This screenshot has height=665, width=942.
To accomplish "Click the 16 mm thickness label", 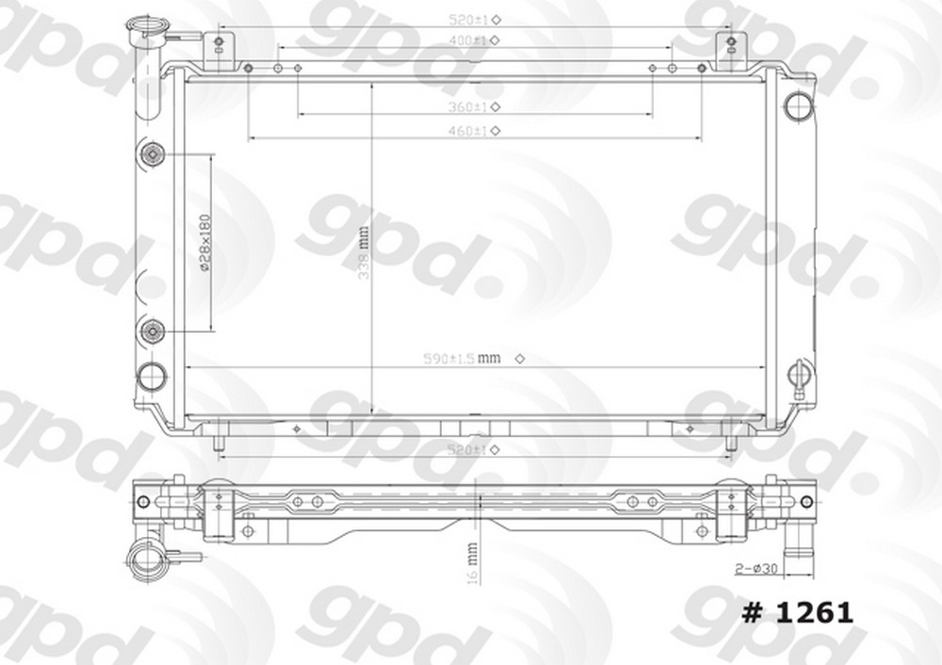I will coord(472,563).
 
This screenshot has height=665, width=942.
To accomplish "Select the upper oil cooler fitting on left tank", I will coord(152,154).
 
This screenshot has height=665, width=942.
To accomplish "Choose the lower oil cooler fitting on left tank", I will coord(152,331).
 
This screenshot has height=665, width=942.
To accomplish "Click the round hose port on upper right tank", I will coord(798,104).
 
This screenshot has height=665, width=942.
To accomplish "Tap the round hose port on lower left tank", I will coord(151,377).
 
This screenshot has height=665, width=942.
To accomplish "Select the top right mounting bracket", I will coord(731,49).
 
